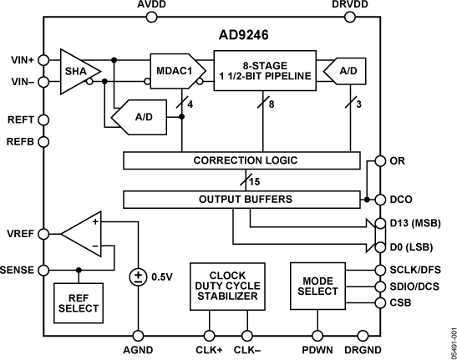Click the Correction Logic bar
(245, 160)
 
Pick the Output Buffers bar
(245, 199)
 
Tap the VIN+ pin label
(20, 60)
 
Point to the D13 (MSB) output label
(415, 225)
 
